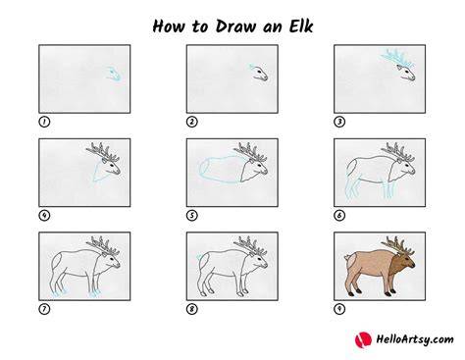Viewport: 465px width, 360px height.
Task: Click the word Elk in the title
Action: click(301, 26)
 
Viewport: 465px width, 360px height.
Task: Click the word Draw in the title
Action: click(235, 26)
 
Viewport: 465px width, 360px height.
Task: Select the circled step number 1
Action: click(44, 122)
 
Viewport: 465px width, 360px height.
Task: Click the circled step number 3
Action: click(339, 122)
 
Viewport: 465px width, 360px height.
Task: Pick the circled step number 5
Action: click(192, 216)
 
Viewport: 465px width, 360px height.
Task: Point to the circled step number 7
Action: click(44, 309)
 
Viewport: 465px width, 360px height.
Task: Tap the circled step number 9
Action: click(339, 309)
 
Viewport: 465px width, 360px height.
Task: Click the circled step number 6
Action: click(339, 216)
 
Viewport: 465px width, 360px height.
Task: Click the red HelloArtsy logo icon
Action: click(363, 339)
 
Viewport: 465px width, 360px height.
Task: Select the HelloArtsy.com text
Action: click(415, 339)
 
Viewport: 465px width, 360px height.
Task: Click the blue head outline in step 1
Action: click(114, 74)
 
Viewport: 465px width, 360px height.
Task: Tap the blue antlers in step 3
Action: click(396, 58)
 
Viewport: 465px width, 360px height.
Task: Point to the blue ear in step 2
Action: click(252, 67)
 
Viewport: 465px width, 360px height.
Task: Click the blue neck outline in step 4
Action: click(98, 172)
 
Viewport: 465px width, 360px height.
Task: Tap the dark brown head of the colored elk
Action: click(404, 262)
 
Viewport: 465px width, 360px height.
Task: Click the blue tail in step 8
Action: click(198, 257)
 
